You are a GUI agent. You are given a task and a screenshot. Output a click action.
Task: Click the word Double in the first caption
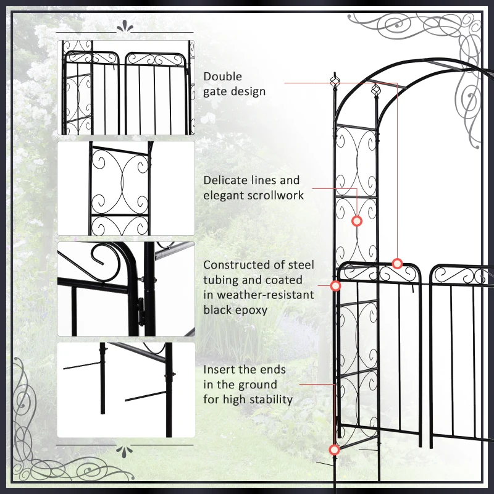(223, 77)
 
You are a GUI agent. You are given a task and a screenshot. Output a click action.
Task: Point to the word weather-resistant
(259, 295)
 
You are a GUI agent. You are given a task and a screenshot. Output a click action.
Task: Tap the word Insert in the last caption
(219, 369)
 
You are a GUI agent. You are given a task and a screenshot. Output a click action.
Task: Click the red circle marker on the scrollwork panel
(356, 220)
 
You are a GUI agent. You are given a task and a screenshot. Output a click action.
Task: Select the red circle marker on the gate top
(397, 264)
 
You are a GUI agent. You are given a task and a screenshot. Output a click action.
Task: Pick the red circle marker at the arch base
(334, 450)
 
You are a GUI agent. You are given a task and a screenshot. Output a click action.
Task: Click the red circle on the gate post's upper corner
(336, 286)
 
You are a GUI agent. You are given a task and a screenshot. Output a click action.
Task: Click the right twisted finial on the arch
(374, 91)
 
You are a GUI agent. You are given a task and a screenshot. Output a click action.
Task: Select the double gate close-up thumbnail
(126, 88)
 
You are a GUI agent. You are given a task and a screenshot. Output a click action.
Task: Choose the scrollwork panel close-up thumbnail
(126, 188)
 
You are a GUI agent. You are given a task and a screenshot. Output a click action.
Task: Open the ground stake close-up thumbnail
(126, 390)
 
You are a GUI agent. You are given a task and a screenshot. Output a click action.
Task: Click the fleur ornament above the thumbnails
(125, 27)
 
